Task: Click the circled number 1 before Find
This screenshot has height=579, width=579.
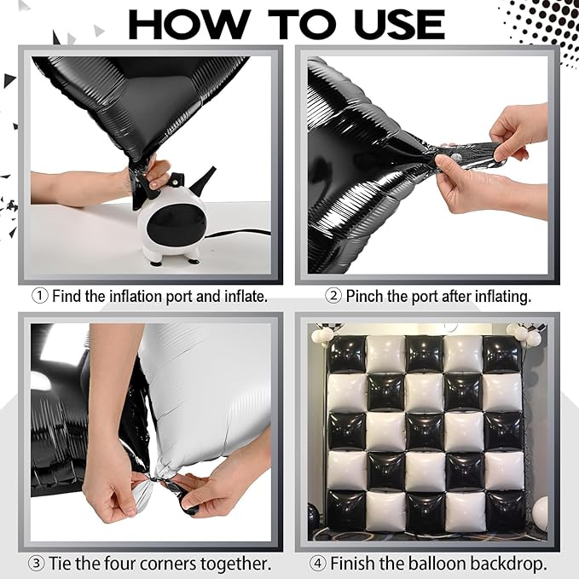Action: (x=40, y=296)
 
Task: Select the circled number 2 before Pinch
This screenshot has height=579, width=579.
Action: (x=333, y=296)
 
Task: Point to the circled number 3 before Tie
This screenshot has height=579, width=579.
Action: (x=37, y=564)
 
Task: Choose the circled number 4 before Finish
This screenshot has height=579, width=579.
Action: (x=317, y=564)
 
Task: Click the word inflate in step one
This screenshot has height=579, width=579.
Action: (x=246, y=296)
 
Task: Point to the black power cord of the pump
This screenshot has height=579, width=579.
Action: (x=237, y=233)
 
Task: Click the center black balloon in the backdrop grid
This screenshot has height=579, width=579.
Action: (x=425, y=431)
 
